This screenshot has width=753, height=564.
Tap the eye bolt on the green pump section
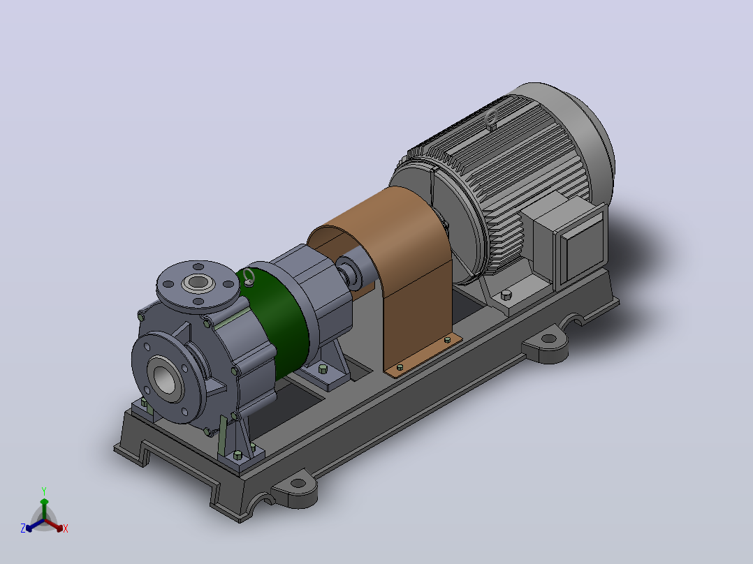click(248, 277)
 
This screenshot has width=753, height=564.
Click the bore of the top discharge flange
click(198, 282)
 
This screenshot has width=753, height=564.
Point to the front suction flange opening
click(166, 374)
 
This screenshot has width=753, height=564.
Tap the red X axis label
click(66, 528)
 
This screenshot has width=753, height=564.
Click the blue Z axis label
click(22, 528)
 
